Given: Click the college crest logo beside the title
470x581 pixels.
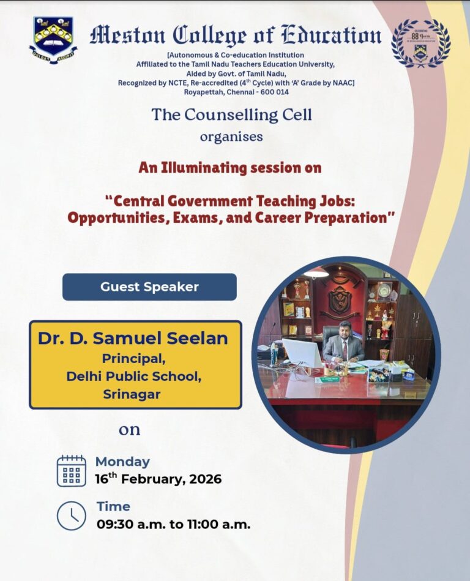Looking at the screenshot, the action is [x=53, y=40].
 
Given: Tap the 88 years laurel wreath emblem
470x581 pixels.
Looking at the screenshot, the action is [x=421, y=43].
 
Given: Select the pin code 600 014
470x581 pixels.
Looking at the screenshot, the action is [x=274, y=92].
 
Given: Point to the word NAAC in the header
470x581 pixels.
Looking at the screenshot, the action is [x=343, y=83].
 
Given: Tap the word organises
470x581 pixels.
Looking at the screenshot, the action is [x=231, y=137].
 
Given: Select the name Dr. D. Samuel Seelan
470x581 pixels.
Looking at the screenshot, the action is [x=133, y=339].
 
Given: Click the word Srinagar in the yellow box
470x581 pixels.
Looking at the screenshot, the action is [x=132, y=394].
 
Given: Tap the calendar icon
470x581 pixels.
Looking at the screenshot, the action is [x=72, y=471].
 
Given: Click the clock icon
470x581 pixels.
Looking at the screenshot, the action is [x=72, y=515].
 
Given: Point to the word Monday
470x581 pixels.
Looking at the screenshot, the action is [x=122, y=462].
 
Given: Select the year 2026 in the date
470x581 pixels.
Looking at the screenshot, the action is [x=205, y=479].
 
